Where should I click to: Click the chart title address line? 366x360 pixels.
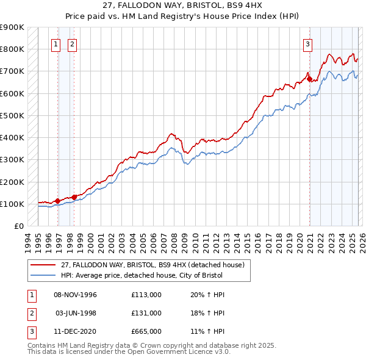pyautogui.click(x=183, y=5)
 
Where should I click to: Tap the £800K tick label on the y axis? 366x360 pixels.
pyautogui.click(x=12, y=49)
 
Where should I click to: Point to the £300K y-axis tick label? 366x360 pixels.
pyautogui.click(x=12, y=160)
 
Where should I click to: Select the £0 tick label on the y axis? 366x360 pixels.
pyautogui.click(x=18, y=226)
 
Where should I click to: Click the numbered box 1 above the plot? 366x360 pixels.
pyautogui.click(x=56, y=44)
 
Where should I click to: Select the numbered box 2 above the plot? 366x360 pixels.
pyautogui.click(x=72, y=44)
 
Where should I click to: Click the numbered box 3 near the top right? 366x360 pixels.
pyautogui.click(x=307, y=44)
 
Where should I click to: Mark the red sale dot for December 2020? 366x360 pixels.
pyautogui.click(x=309, y=79)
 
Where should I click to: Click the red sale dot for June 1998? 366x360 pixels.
pyautogui.click(x=74, y=196)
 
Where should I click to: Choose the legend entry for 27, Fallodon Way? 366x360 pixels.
pyautogui.click(x=152, y=265)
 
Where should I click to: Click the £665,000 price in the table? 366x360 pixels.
pyautogui.click(x=146, y=331)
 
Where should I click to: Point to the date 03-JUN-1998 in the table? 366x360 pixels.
pyautogui.click(x=76, y=313)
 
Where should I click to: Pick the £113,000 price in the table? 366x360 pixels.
pyautogui.click(x=146, y=295)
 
